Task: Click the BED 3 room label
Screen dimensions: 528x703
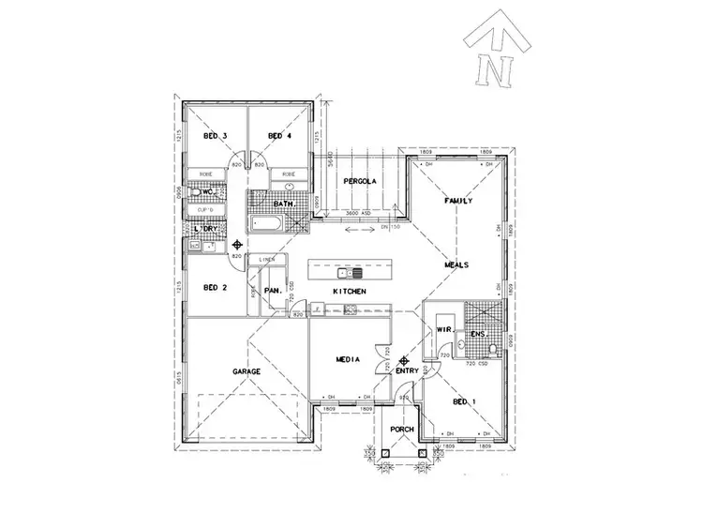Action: pyautogui.click(x=216, y=137)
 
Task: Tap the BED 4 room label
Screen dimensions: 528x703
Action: pyautogui.click(x=280, y=137)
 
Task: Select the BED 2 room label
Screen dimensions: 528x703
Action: pyautogui.click(x=216, y=287)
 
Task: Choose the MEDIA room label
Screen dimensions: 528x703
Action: pyautogui.click(x=351, y=359)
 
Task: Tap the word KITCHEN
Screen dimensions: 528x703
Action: pyautogui.click(x=349, y=294)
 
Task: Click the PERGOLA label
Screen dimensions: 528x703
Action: pyautogui.click(x=359, y=180)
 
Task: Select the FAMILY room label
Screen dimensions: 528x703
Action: pyautogui.click(x=457, y=201)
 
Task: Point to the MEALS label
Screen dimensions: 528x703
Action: pyautogui.click(x=456, y=265)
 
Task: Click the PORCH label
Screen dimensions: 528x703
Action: pyautogui.click(x=402, y=430)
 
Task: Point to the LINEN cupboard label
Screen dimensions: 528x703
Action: pyautogui.click(x=266, y=259)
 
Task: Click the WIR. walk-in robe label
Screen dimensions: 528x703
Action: pyautogui.click(x=443, y=329)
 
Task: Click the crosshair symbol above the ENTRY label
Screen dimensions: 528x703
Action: pyautogui.click(x=403, y=359)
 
